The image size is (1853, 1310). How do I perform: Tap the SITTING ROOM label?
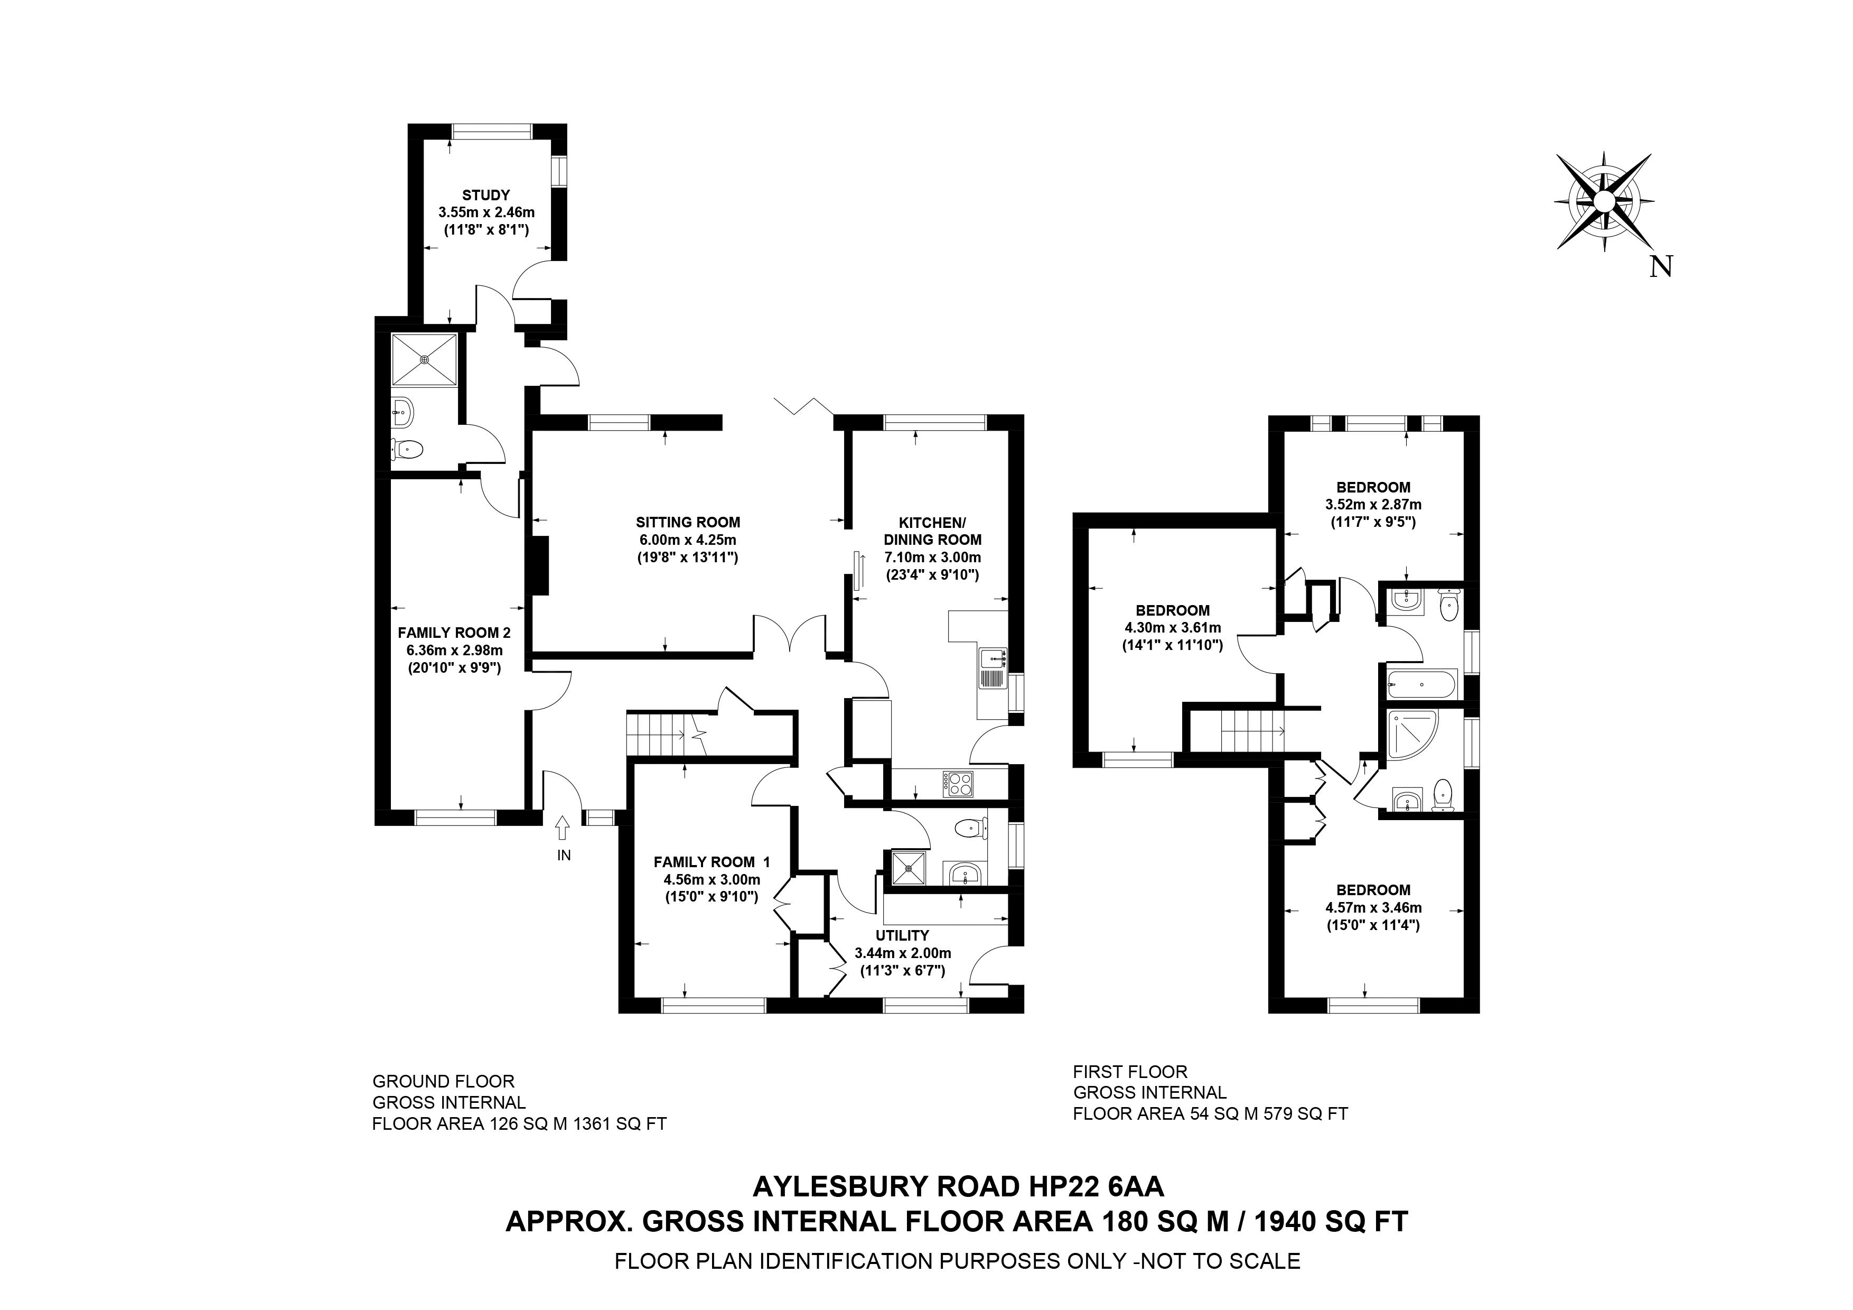[x=688, y=522]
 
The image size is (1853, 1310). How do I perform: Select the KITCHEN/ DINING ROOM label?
[x=932, y=531]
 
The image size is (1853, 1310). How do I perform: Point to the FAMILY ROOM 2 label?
[x=454, y=633]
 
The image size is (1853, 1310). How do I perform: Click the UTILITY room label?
[x=902, y=935]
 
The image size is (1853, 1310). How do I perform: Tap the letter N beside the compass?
[x=1661, y=267]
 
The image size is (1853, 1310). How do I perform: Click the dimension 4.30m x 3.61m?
[x=1173, y=628]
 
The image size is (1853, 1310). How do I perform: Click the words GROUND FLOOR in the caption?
[x=443, y=1081]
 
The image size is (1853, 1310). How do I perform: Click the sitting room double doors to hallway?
[x=790, y=635]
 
